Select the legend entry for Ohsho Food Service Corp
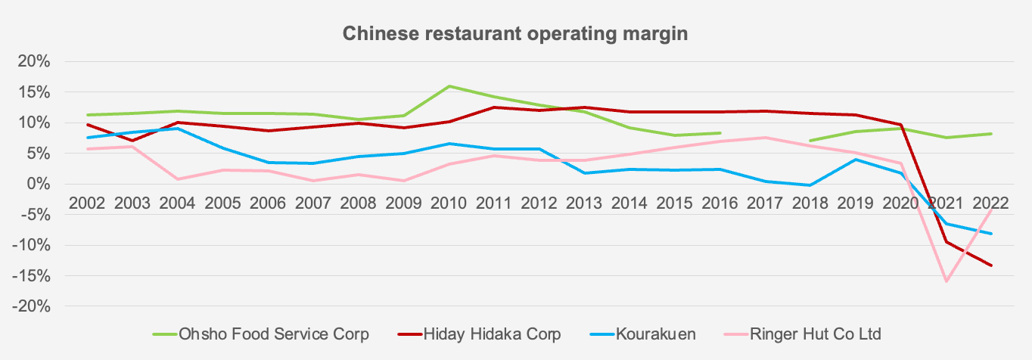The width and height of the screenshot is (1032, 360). (x=273, y=334)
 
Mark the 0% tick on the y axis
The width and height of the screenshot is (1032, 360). (x=38, y=184)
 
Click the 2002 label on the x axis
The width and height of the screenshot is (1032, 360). (x=87, y=203)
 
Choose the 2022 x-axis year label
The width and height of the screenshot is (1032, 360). (x=991, y=203)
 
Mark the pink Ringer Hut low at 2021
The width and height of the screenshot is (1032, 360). (x=946, y=281)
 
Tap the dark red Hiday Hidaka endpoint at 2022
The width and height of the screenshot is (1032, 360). (x=991, y=265)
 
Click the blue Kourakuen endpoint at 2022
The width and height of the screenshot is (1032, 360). (x=991, y=234)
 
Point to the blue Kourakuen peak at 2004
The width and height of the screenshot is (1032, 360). (x=177, y=129)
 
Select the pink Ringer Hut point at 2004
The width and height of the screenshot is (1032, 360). (x=177, y=179)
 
